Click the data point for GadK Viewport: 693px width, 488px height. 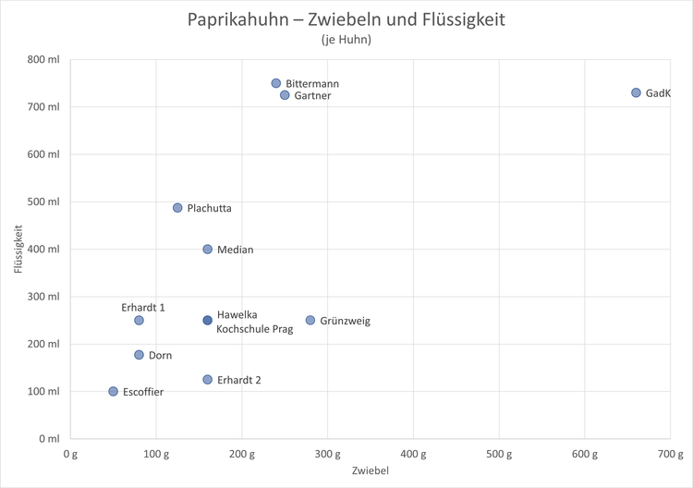[636, 92]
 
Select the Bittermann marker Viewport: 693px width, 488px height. [276, 83]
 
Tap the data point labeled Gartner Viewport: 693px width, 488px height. [285, 95]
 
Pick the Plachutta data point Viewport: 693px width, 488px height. [177, 208]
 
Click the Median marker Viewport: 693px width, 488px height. [208, 250]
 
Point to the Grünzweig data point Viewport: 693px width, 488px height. [310, 321]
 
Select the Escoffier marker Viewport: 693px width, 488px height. [113, 392]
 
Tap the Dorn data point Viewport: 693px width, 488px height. [139, 355]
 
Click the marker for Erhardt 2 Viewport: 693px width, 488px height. [208, 380]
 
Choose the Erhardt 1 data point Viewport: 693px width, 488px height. [139, 321]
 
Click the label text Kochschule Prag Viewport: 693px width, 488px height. [254, 328]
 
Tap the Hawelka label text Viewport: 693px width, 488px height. [237, 314]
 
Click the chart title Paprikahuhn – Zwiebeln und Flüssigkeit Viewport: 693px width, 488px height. [346, 19]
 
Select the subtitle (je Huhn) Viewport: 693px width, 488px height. [346, 40]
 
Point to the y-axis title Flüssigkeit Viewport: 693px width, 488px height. [18, 249]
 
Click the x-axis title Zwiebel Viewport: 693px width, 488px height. [370, 471]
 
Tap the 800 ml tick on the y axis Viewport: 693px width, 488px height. [43, 59]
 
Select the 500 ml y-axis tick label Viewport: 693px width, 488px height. [43, 201]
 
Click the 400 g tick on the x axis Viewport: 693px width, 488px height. [413, 454]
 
